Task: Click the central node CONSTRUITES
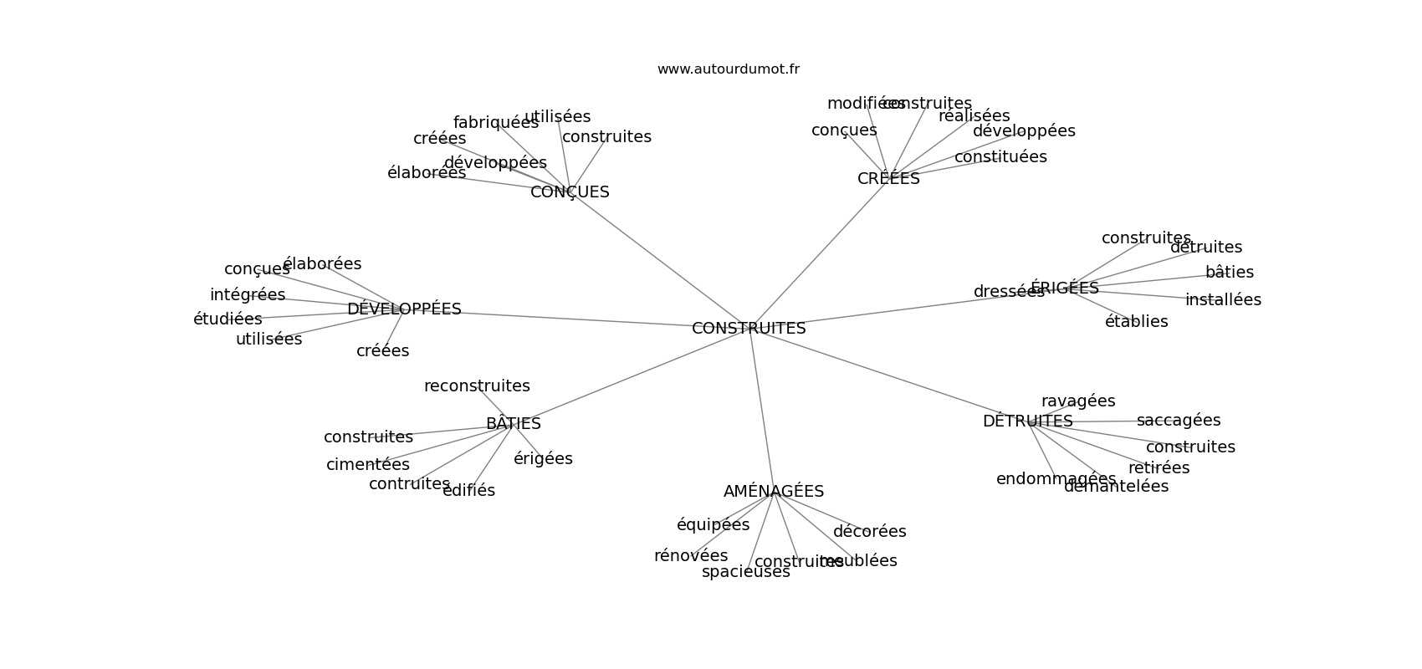pos(749,329)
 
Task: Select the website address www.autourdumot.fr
pos(728,69)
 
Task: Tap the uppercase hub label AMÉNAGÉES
pos(774,492)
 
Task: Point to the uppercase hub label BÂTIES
pos(513,424)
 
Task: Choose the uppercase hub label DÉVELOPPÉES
pos(404,309)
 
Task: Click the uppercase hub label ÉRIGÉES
pos(1065,289)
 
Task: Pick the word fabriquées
pos(495,123)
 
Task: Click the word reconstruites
pos(477,386)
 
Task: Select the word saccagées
pos(1179,421)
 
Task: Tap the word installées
pos(1223,300)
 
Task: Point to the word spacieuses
pos(745,572)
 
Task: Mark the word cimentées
pos(368,465)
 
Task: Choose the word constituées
pos(1000,157)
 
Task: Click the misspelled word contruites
pos(409,484)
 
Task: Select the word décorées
pos(869,532)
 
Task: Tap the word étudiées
pos(228,319)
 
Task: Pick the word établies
pos(1136,322)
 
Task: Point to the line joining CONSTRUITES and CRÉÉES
pos(820,254)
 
